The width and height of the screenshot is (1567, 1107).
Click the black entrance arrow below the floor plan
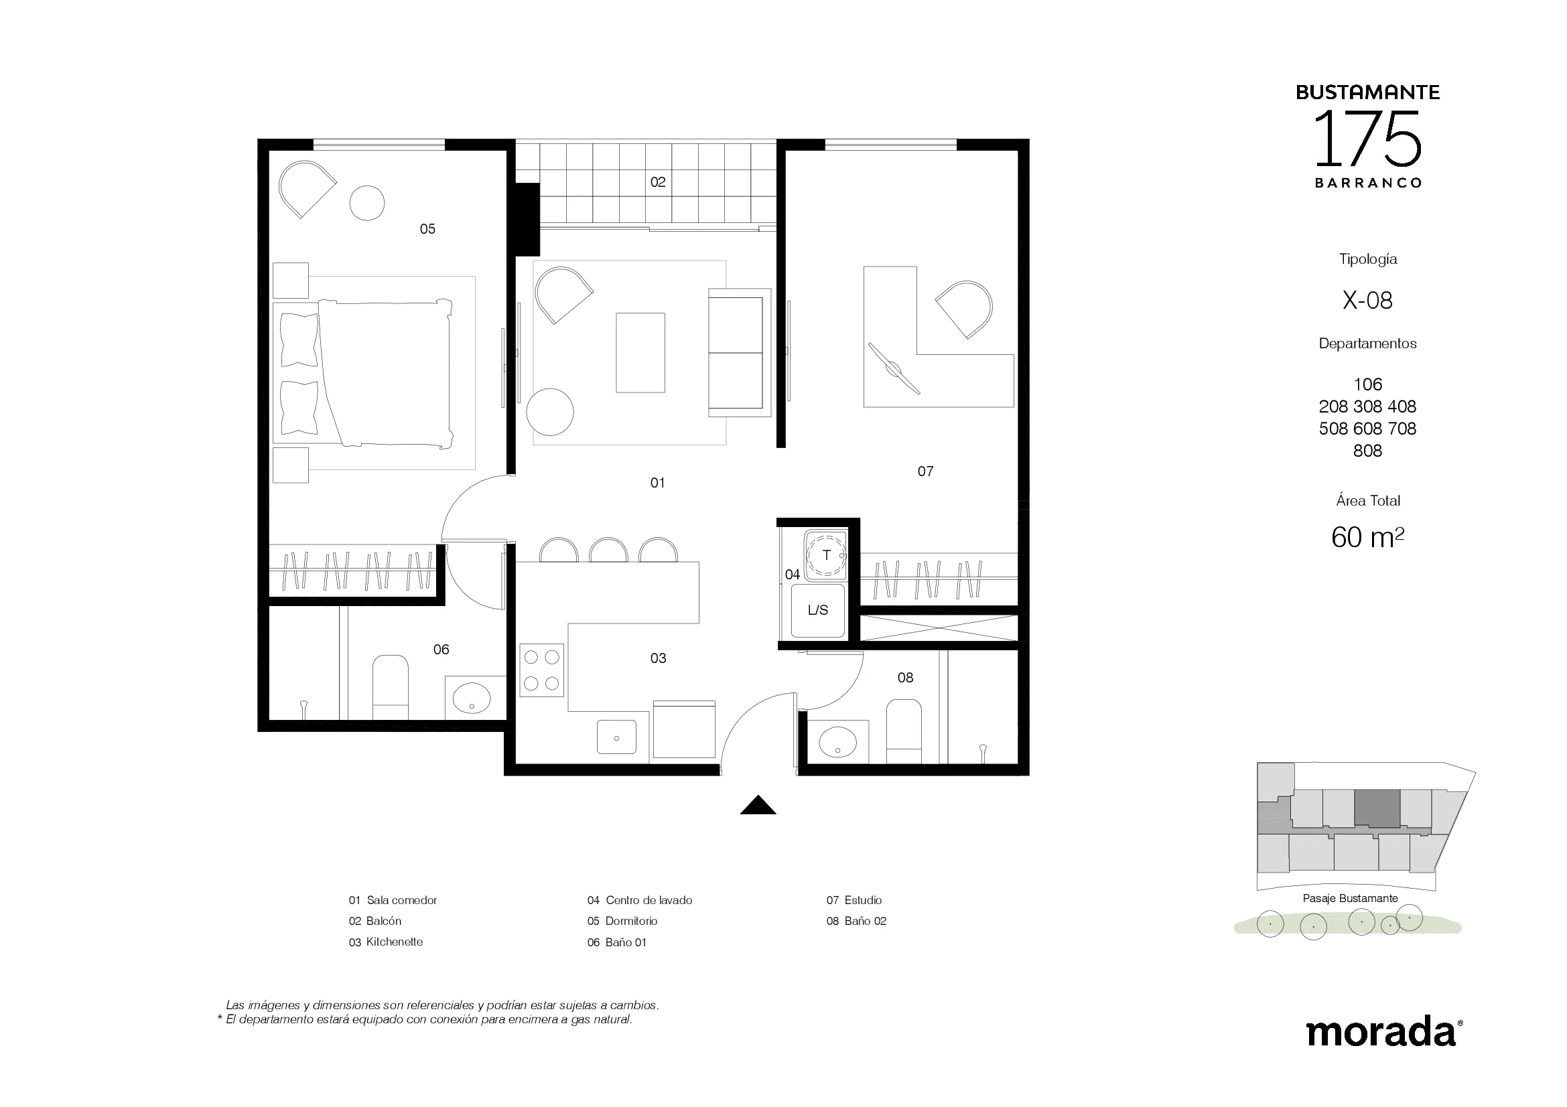(x=758, y=806)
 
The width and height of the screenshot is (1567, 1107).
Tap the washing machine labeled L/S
(x=817, y=611)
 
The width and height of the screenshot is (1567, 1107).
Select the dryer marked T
(x=826, y=555)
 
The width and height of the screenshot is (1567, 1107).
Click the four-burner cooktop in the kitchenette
(x=542, y=670)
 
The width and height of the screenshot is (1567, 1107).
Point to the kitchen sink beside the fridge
(x=616, y=737)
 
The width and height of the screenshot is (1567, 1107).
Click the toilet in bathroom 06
(x=391, y=688)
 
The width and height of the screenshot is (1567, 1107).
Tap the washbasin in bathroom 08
(x=837, y=742)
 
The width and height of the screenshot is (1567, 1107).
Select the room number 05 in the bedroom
(x=427, y=229)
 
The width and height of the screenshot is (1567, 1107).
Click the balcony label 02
(x=658, y=182)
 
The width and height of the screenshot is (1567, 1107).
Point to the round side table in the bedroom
(x=367, y=202)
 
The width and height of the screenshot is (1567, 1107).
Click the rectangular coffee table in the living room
(x=640, y=353)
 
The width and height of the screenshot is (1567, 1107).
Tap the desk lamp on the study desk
(x=894, y=369)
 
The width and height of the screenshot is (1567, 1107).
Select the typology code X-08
(x=1367, y=300)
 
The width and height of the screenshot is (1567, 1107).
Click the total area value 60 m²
(x=1367, y=538)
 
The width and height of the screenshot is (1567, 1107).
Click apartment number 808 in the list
(x=1367, y=451)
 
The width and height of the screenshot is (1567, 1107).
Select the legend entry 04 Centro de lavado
(x=640, y=900)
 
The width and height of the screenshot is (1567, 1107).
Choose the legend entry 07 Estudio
(x=854, y=900)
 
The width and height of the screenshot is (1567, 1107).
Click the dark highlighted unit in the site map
(x=1377, y=809)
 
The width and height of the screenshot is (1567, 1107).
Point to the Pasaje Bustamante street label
(x=1350, y=899)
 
